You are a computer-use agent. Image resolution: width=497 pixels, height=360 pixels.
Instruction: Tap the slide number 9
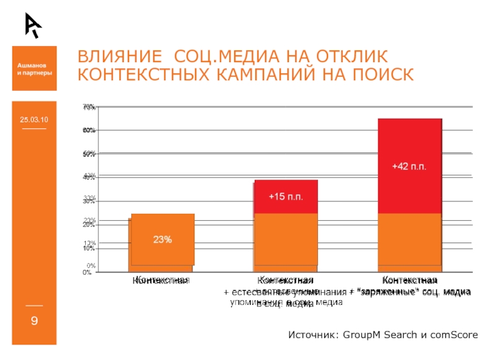[x=34, y=321]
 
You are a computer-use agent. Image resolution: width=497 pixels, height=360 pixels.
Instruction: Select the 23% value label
[x=163, y=239]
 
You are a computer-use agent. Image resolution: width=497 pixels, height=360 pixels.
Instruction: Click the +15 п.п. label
[x=286, y=196]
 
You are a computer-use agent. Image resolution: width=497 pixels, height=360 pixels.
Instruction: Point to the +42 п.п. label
[x=409, y=167]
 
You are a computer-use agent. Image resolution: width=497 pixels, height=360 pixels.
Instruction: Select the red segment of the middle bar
[x=286, y=205]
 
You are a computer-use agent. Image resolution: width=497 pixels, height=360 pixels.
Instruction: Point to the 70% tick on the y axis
[x=89, y=108]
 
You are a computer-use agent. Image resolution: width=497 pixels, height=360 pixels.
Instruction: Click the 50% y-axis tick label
[x=89, y=154]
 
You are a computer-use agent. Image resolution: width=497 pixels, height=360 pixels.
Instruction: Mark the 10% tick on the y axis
[x=89, y=248]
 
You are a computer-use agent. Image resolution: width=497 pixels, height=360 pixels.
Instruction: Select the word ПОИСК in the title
[x=381, y=75]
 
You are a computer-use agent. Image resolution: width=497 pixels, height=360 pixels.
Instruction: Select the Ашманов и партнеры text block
[x=34, y=69]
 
